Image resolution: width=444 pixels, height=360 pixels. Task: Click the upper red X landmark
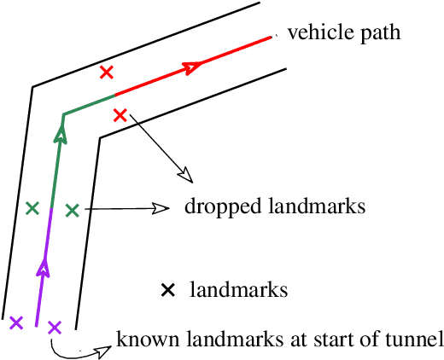click(x=107, y=73)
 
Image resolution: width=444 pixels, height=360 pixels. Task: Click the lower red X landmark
click(x=120, y=114)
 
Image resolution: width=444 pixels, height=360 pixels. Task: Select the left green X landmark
click(x=32, y=207)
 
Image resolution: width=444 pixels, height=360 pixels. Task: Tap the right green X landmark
click(x=72, y=209)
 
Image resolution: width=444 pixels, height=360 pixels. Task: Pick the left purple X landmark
click(x=15, y=322)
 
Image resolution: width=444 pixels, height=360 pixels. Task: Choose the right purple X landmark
click(x=55, y=327)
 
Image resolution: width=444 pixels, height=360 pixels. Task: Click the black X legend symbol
click(x=168, y=291)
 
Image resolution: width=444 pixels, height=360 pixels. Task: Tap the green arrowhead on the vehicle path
click(x=60, y=132)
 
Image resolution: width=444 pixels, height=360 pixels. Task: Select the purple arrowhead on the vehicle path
click(x=42, y=269)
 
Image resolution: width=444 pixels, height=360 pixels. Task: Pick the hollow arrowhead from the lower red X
click(x=185, y=177)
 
